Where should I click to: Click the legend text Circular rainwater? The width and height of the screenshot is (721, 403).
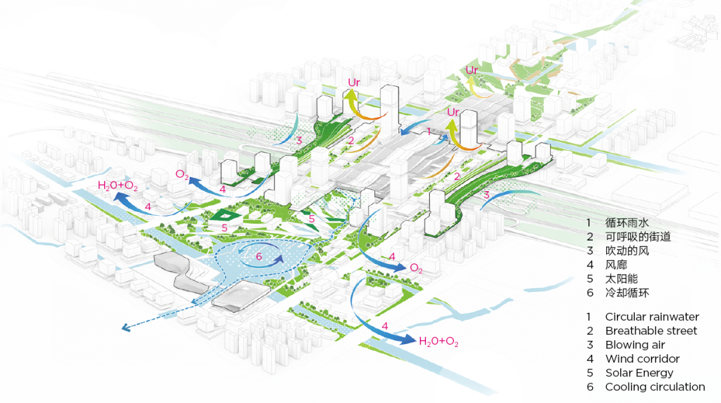coord(652,317)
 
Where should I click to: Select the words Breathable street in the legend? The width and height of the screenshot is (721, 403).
coord(651,331)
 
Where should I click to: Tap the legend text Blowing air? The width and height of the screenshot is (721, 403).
coord(636,345)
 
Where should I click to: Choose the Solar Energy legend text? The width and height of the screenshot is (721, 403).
coord(639,373)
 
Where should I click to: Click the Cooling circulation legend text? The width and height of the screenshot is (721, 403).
coord(655,387)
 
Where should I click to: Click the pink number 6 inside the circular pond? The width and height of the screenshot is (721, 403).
coord(259,256)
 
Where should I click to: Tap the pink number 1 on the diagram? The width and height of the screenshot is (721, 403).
coord(429,132)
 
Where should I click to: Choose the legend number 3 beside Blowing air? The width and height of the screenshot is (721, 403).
coord(589,345)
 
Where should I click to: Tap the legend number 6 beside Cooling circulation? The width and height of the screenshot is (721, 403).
coord(589,387)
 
